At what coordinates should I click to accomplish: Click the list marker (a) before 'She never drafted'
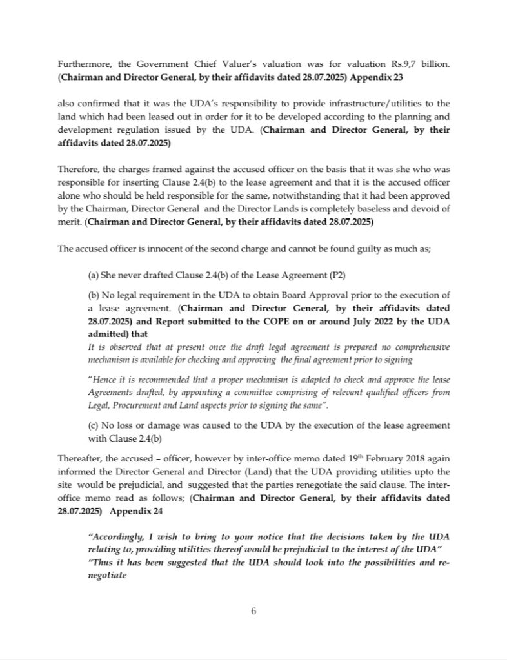93,275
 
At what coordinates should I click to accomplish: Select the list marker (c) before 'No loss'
93,427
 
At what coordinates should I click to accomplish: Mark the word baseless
367,209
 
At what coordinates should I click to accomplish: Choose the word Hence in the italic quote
106,380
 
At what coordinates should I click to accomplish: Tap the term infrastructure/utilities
368,103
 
